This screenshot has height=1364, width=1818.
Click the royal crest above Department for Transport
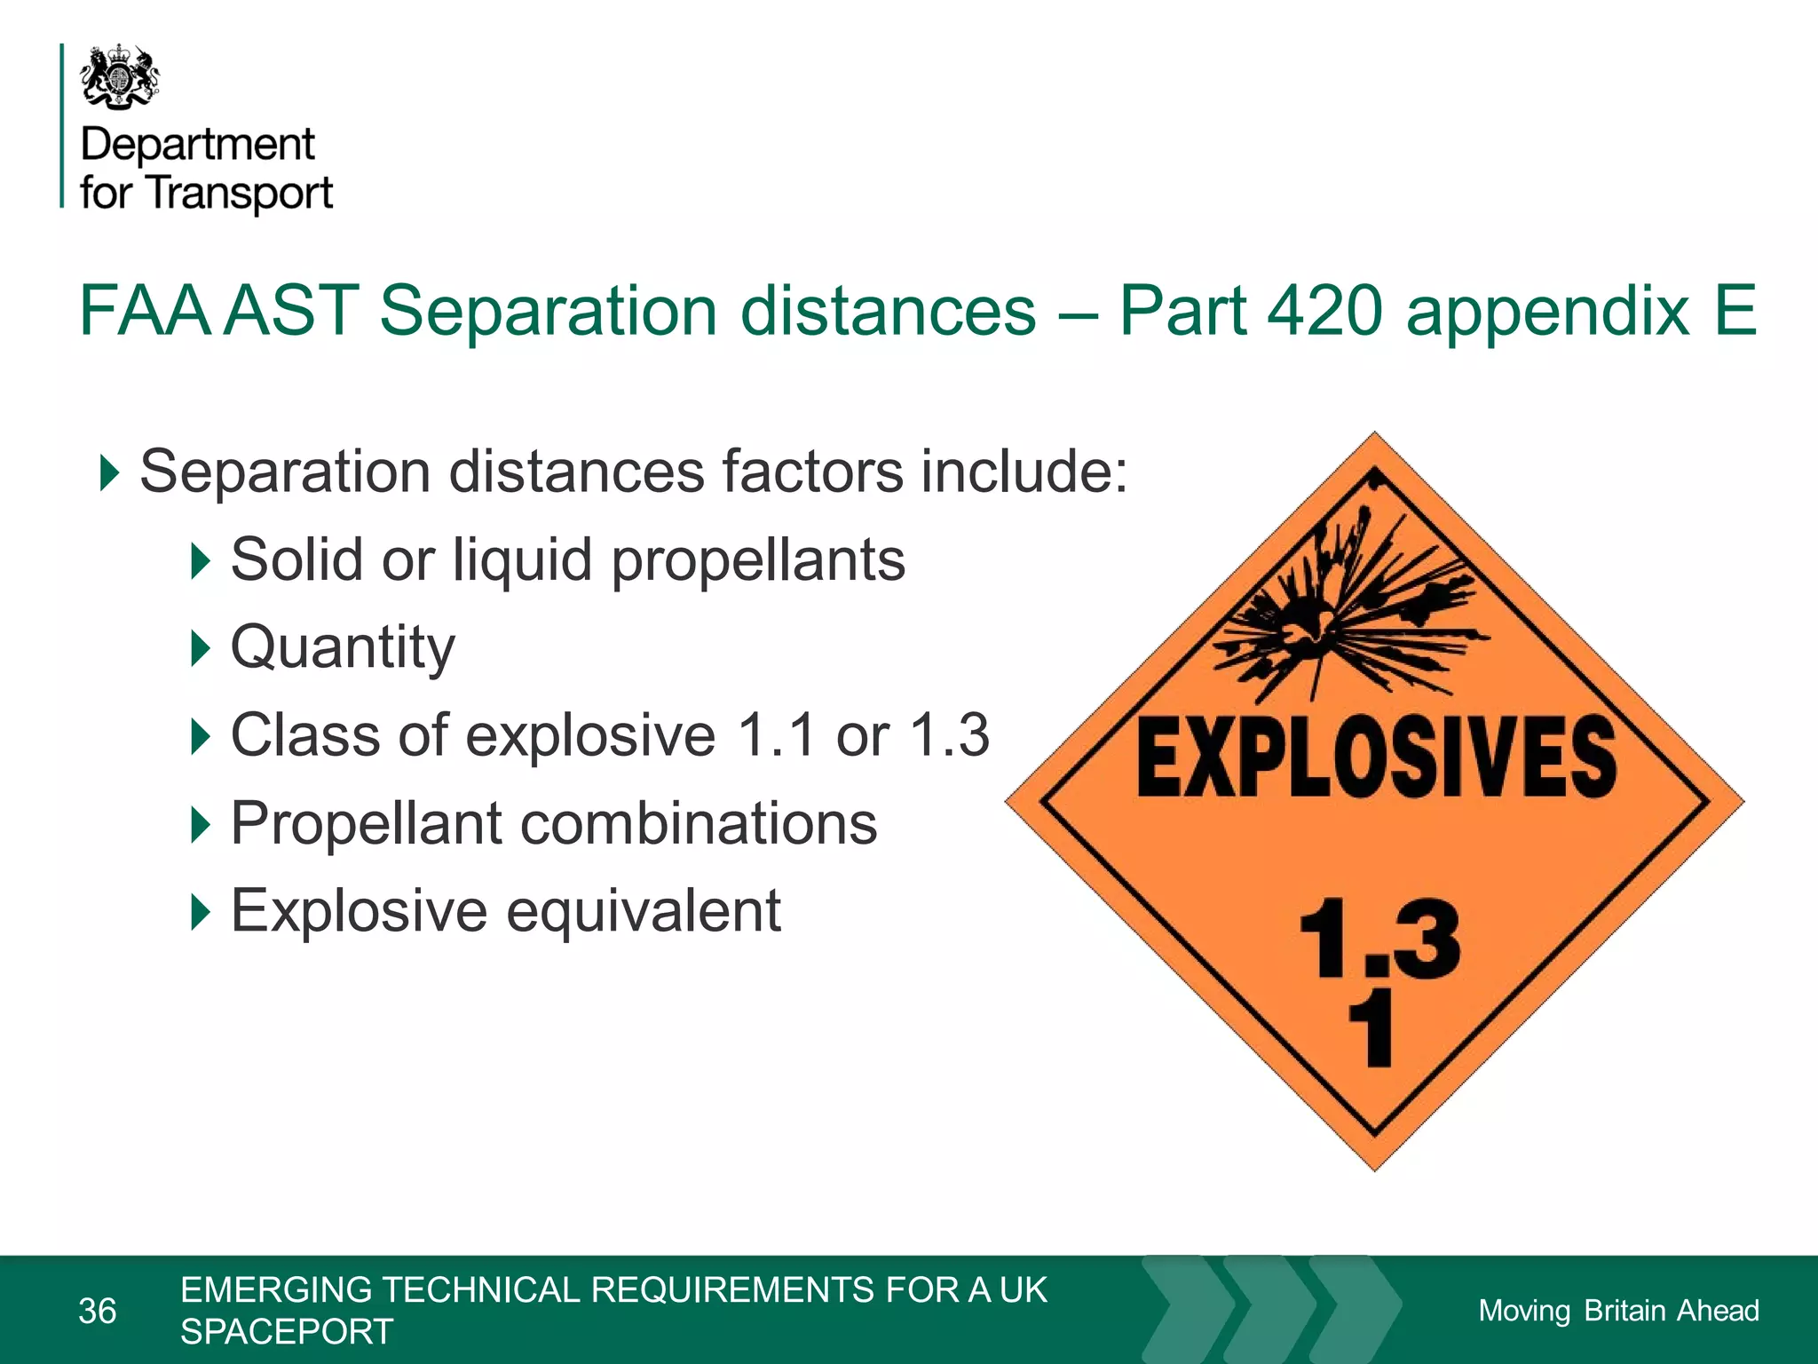pyautogui.click(x=120, y=77)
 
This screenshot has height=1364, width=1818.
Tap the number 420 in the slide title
pyautogui.click(x=1324, y=311)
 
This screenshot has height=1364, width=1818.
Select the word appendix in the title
pyautogui.click(x=1546, y=313)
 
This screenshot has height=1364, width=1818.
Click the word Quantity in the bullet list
pyautogui.click(x=343, y=648)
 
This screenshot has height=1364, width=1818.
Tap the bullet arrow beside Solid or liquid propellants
pyautogui.click(x=201, y=561)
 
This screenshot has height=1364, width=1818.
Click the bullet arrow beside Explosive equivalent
pyautogui.click(x=201, y=912)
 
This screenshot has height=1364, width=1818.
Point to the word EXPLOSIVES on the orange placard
pyautogui.click(x=1376, y=757)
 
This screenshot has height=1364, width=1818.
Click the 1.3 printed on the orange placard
pyautogui.click(x=1380, y=940)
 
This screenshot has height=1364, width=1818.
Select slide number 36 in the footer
pyautogui.click(x=98, y=1311)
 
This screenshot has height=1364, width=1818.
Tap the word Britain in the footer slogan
pyautogui.click(x=1624, y=1311)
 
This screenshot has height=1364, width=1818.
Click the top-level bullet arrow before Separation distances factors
pyautogui.click(x=109, y=472)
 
